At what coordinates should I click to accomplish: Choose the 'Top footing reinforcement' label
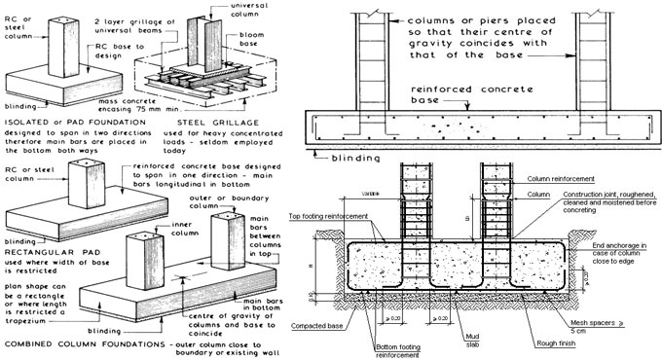pos(336,215)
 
